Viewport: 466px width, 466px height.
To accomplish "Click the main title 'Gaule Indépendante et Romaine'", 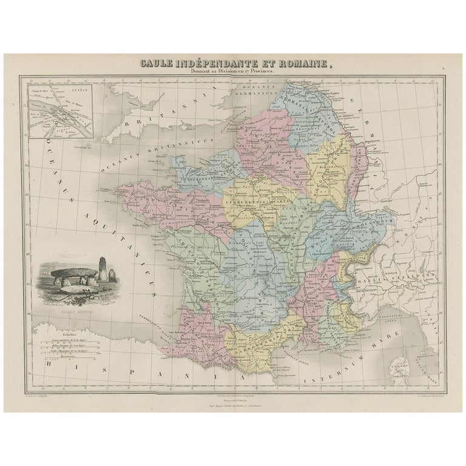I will click(233, 62).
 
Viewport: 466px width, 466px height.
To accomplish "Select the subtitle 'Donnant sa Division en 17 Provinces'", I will click(233, 71).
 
